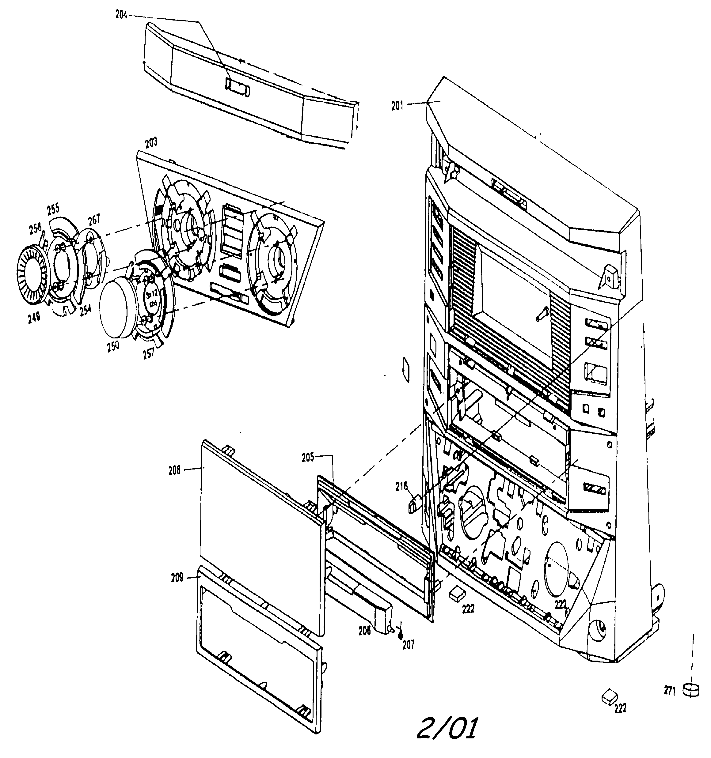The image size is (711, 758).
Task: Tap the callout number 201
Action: coord(397,106)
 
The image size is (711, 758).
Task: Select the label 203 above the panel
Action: coord(151,144)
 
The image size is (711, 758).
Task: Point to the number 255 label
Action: coord(53,209)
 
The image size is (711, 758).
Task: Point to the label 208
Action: coord(174,470)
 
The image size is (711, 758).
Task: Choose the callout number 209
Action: coord(177,578)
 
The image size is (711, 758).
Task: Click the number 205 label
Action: coord(308,457)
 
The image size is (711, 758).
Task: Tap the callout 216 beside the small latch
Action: coord(401,486)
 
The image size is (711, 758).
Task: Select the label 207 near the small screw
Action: coord(408,644)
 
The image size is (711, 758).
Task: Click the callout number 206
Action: coord(364,631)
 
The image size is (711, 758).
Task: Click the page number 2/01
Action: coord(447,729)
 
